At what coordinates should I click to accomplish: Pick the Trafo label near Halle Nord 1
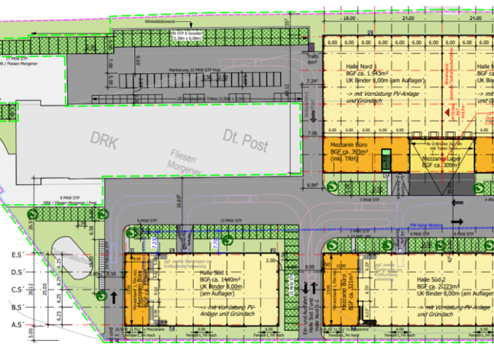coord(311,57)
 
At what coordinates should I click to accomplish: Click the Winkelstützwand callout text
coord(160,22)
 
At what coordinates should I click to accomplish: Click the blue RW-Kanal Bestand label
coord(427,225)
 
